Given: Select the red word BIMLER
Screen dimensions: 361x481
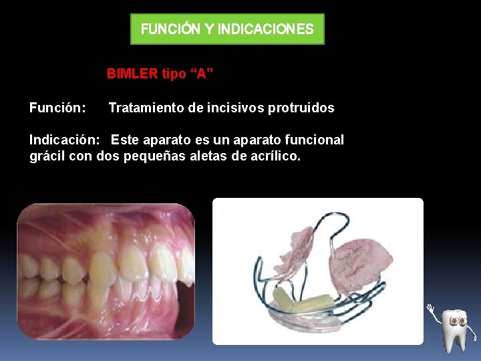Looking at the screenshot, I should click(132, 74).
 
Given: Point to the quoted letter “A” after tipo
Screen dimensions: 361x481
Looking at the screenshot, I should click(201, 74).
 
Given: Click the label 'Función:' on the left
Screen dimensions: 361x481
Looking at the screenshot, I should click(57, 108).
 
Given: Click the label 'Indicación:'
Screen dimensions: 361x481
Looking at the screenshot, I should click(65, 140).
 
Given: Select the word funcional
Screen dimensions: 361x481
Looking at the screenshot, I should click(311, 140).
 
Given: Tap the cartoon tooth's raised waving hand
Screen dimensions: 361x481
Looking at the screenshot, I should click(432, 310).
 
